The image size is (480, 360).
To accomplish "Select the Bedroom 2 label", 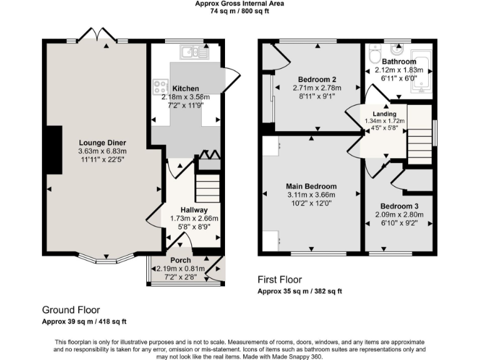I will tap(317, 79).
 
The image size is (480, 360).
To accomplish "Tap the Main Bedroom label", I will tap(311, 186).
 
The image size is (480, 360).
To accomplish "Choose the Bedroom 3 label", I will tap(399, 206).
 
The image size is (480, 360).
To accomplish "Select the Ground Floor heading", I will tap(71, 310).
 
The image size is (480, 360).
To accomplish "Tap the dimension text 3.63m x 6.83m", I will tap(102, 151).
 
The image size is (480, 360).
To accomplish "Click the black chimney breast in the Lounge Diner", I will tap(54, 149).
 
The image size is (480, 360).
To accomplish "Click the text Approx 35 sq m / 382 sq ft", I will tap(300, 291).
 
